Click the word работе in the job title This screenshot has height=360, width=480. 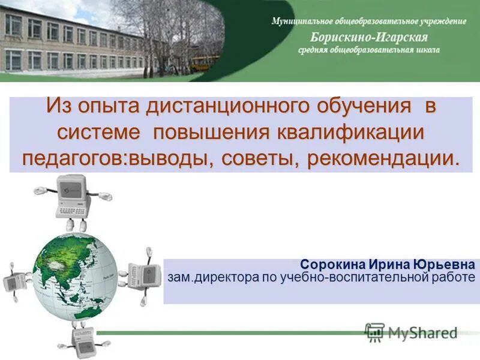[454, 277]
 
